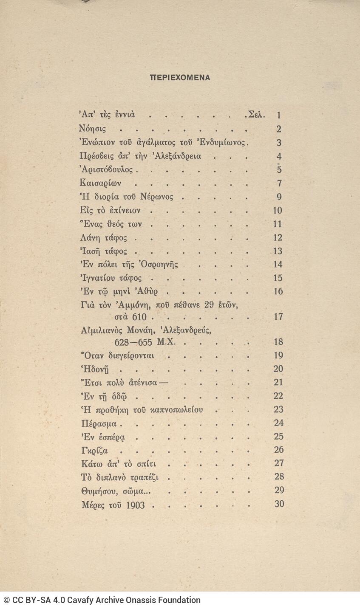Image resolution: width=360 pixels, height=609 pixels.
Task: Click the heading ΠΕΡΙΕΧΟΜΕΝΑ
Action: coord(180,78)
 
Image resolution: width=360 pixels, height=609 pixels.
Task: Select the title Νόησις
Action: coord(93,128)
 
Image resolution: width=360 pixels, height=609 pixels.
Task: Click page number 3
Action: coord(279,143)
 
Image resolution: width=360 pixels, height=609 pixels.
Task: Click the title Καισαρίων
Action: coord(100,183)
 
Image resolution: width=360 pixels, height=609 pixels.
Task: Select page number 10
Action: coord(278,211)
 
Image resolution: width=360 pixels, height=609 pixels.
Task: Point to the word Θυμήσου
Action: coord(97,491)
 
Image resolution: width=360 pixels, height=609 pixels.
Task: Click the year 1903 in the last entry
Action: coord(135,505)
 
